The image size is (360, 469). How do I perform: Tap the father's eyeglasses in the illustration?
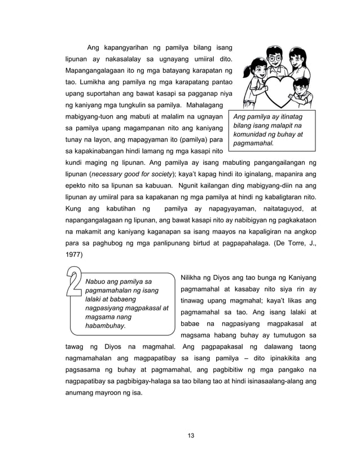(x=275, y=58)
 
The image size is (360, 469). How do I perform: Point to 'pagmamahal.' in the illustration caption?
(x=254, y=143)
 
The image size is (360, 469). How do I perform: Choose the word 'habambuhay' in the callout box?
(x=105, y=326)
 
